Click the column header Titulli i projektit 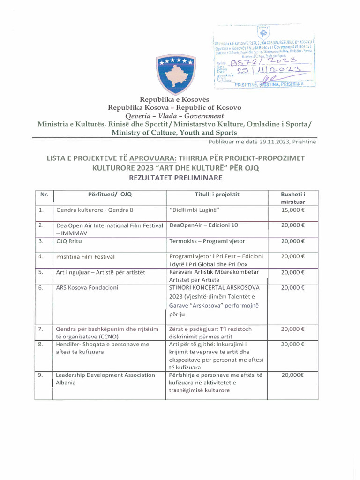217,194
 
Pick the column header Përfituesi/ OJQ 110,194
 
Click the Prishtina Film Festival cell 85,257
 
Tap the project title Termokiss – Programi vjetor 207,241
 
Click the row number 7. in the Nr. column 41,330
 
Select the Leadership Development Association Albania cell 105,379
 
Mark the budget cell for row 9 293,375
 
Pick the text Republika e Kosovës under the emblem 174,99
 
